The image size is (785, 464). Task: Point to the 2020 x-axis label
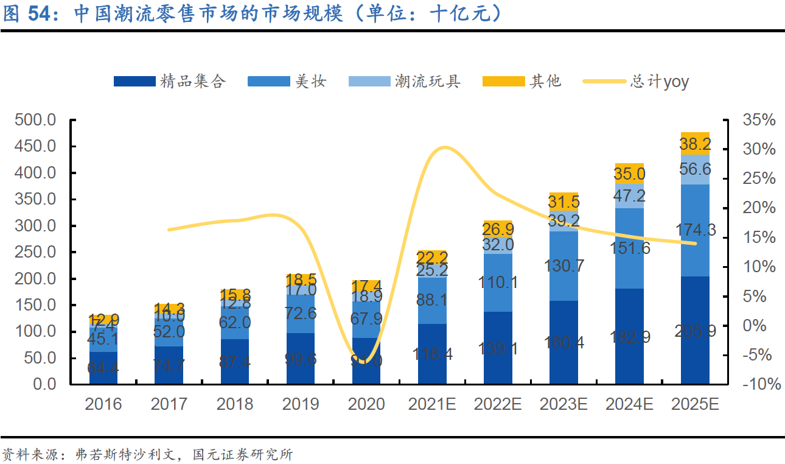tap(366, 404)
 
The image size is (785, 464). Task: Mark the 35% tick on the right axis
tap(759, 120)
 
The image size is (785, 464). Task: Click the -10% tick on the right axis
tap(759, 384)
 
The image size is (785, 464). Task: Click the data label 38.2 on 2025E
tap(695, 144)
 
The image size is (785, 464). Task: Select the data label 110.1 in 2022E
tap(497, 283)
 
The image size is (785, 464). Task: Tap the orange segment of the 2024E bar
tap(629, 174)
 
